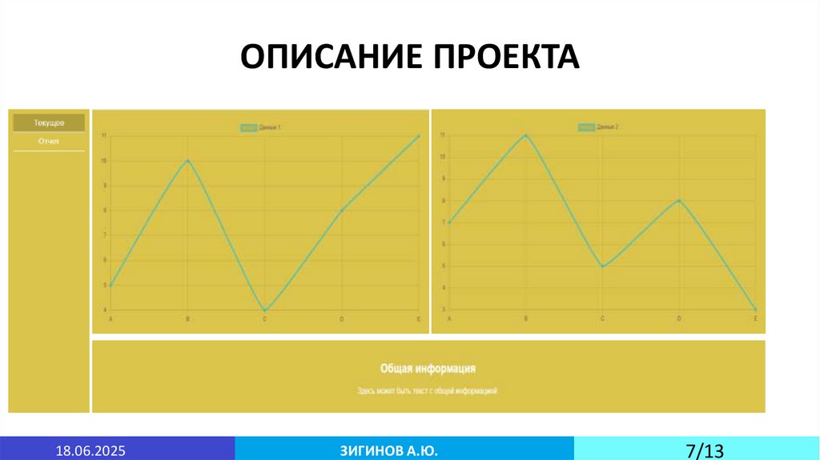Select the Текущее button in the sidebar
coord(49,123)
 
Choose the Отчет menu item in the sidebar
coord(49,141)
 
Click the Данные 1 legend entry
coord(262,127)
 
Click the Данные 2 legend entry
coord(600,127)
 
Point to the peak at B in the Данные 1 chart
coord(187,160)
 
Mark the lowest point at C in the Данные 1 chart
coord(265,310)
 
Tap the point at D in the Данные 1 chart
coord(342,210)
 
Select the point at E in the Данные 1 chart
coord(418,136)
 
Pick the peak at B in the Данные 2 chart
coord(525,135)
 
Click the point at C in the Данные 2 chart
coord(602,266)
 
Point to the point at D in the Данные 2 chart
coord(679,200)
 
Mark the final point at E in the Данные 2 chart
coord(755,309)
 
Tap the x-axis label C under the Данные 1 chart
coord(265,319)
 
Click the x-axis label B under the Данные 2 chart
coord(525,319)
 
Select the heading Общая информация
coord(428,368)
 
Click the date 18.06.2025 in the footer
coord(90,450)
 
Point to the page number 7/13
coord(705,450)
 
